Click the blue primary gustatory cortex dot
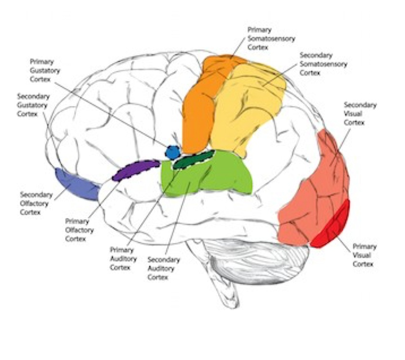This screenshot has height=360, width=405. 172,152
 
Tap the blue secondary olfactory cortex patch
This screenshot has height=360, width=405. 76,183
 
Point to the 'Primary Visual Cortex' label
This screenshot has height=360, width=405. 364,255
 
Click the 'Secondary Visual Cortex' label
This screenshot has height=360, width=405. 360,114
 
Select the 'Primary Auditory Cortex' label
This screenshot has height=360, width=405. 123,259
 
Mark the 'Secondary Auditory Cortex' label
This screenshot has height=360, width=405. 163,268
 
